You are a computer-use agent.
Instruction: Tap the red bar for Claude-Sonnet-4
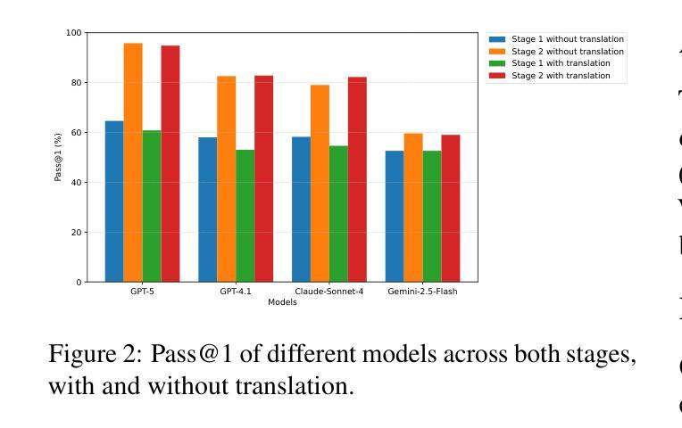pos(357,179)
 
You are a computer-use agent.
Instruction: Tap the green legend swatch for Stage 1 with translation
pos(496,63)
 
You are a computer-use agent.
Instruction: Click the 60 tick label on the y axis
pos(75,133)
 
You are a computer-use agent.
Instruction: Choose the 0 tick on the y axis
pos(78,282)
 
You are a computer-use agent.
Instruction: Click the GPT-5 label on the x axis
pos(142,292)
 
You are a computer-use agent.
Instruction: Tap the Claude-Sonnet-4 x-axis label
pos(329,292)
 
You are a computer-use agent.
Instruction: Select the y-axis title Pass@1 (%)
pos(58,158)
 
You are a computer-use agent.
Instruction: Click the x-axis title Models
pos(282,302)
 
